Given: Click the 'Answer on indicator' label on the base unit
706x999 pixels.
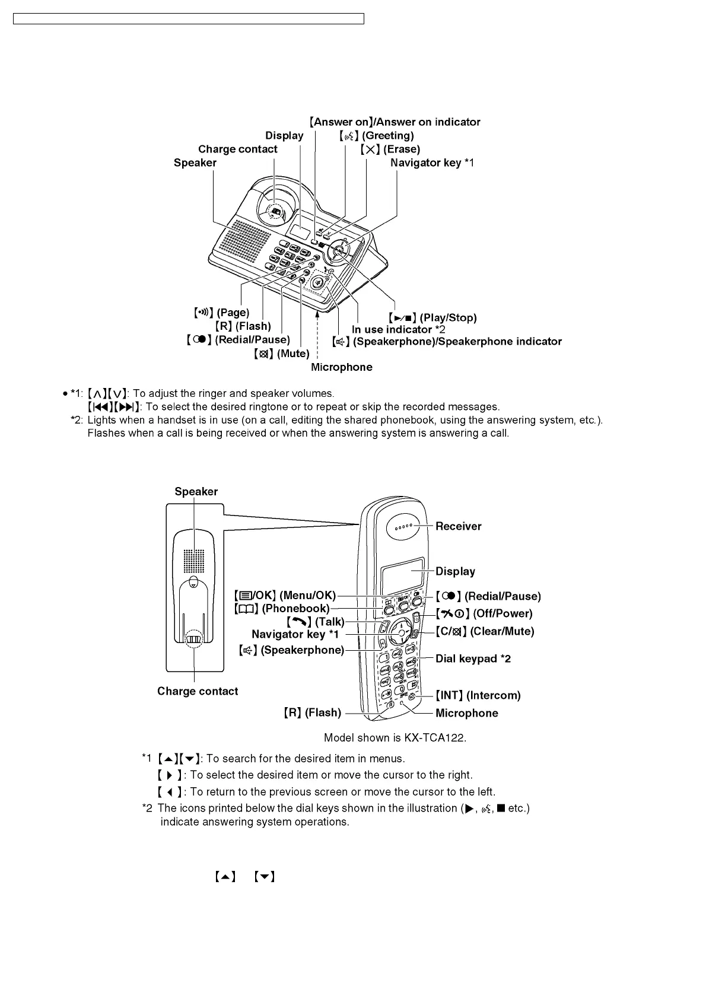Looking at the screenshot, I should (x=395, y=122).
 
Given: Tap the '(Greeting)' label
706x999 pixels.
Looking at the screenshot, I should (x=388, y=136).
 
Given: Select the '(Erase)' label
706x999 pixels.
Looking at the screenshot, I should (x=401, y=149).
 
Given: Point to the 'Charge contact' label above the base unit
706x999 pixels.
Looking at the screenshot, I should (x=237, y=149).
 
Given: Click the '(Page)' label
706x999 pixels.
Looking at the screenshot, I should (x=233, y=313).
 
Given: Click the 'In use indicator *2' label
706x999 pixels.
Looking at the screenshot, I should (x=398, y=330).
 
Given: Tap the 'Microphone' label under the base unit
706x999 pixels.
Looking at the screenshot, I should (x=342, y=367).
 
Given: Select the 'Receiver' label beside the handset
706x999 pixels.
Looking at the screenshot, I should (x=458, y=526).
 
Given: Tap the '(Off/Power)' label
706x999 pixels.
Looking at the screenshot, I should (x=502, y=613).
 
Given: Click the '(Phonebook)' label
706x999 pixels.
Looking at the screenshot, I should (x=295, y=609).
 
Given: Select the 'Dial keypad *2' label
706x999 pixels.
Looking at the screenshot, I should (x=473, y=658).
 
